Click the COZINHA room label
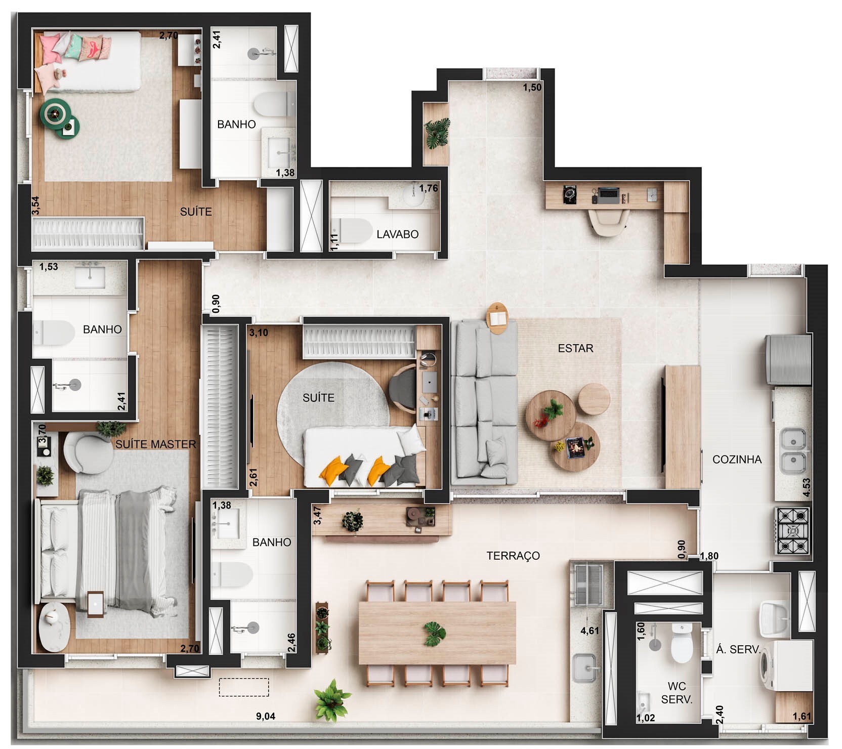[x=737, y=460]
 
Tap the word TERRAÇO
[x=513, y=556]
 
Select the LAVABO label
[x=397, y=234]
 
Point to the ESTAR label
[x=575, y=348]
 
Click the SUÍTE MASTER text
[x=155, y=444]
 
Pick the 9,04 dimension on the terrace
[x=266, y=716]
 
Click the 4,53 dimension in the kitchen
[x=807, y=488]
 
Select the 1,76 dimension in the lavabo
[x=428, y=188]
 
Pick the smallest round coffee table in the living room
[x=594, y=399]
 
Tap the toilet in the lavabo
[x=351, y=230]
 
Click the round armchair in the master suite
[x=88, y=452]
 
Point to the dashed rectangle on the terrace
[x=244, y=687]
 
